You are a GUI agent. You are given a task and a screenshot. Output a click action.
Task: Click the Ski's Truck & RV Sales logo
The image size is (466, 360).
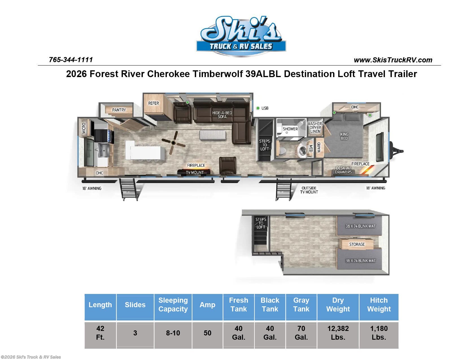pos(241,36)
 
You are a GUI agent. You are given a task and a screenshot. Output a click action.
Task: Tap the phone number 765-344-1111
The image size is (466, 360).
pos(71,60)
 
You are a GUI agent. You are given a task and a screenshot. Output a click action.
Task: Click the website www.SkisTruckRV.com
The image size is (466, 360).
pos(393,60)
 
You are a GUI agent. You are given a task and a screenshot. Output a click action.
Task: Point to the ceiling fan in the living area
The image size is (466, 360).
pos(173,143)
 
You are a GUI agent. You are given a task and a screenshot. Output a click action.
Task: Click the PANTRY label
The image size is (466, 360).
pos(119,110)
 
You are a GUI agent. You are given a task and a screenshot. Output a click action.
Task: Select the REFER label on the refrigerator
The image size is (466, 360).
pos(154,103)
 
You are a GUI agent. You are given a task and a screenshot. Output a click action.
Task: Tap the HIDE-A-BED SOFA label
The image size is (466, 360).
pos(222,115)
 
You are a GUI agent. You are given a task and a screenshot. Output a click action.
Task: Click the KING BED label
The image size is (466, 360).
pos(344,136)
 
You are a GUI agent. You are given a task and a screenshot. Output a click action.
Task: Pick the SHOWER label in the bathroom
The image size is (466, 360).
pos(290,129)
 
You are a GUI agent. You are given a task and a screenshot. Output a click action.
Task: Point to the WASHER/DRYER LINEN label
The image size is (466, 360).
pos(315,128)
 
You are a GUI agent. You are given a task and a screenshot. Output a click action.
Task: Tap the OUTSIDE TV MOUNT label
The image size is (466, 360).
pos(309,190)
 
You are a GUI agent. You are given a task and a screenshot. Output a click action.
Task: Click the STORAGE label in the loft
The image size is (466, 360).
pos(357,245)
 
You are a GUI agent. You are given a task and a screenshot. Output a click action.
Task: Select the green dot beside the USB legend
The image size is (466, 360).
pos(258,108)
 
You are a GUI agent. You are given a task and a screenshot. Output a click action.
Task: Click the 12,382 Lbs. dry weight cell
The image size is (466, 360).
pos(338,333)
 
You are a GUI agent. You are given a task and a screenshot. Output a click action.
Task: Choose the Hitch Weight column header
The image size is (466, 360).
pos(379,304)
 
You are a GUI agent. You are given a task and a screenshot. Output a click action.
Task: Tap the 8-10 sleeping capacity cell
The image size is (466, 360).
pos(173,333)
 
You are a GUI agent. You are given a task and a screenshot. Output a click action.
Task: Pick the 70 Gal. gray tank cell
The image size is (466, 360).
pos(301,333)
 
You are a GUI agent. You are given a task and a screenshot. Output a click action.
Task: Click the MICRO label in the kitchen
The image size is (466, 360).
pos(84,128)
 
